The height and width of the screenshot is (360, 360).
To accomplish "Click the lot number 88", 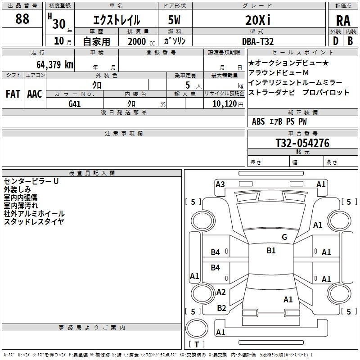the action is (22, 19).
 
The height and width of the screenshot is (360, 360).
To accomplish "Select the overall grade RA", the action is (343, 21).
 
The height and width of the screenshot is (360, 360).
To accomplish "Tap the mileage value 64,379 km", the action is (55, 64).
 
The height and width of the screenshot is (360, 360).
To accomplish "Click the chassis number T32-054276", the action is (302, 143).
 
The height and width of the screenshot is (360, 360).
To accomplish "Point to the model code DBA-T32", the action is (258, 41).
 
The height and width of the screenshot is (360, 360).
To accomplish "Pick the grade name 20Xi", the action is (258, 20).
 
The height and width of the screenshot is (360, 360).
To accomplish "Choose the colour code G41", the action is (74, 104).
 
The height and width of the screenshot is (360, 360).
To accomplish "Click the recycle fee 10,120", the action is (224, 103).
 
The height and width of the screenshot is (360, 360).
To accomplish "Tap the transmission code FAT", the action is (13, 94).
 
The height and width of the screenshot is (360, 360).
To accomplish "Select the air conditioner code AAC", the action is (35, 94).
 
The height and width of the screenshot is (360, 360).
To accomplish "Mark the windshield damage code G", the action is (284, 237).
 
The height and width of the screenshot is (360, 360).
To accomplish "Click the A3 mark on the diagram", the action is (220, 184).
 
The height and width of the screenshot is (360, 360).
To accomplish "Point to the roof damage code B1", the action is (271, 250).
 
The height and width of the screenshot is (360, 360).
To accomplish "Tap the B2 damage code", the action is (221, 308).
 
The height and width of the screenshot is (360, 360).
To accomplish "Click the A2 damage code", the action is (221, 292).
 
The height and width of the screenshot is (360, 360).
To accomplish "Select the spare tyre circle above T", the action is (197, 328).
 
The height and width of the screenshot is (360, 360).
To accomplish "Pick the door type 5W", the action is (174, 20).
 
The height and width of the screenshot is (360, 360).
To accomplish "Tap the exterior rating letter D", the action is (336, 41).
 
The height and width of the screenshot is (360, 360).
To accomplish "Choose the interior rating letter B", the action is (350, 41).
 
